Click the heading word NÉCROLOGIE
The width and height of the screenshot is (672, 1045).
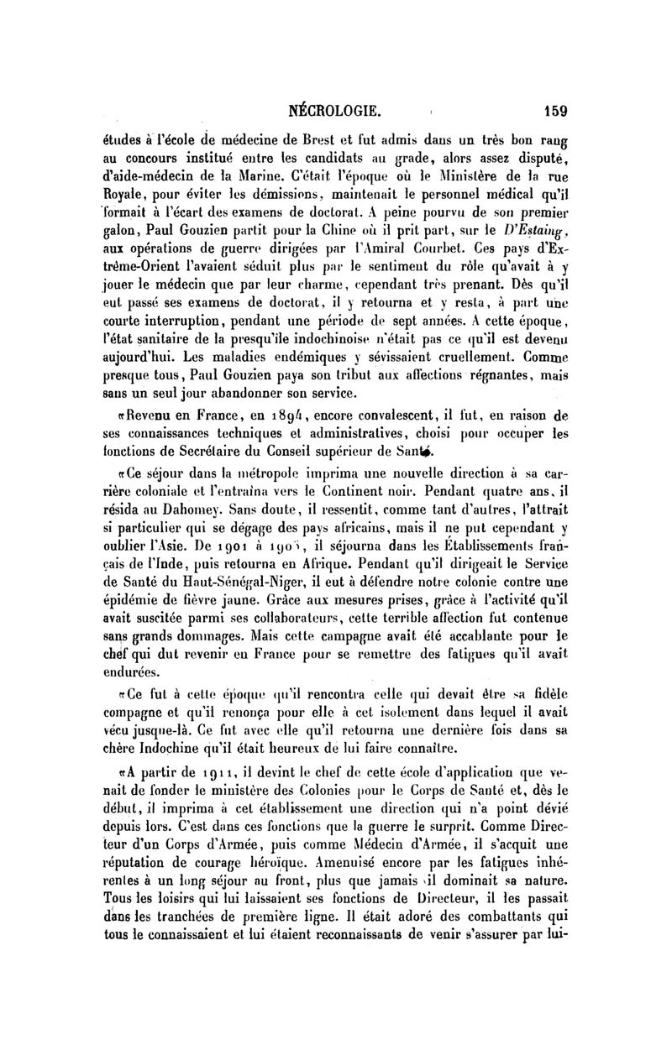[336, 109]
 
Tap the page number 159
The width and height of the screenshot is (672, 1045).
[556, 109]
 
